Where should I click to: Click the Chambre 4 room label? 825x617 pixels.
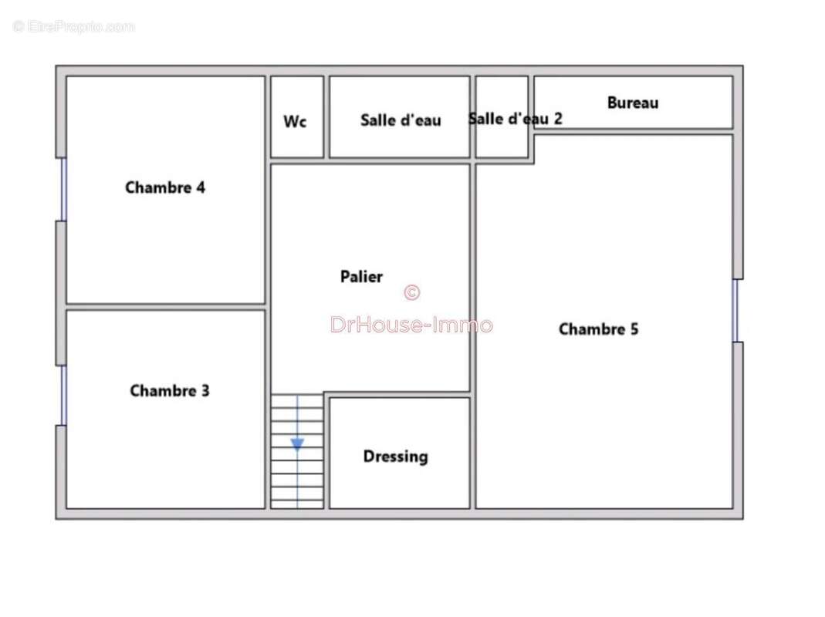coord(165,187)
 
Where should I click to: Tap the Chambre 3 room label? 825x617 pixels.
coord(170,390)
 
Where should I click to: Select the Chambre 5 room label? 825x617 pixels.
coord(598,329)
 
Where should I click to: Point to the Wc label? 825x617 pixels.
coord(295,122)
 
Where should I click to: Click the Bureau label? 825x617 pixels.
coord(632,103)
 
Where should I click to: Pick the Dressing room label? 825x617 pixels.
coord(396,456)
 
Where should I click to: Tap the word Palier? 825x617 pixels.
coord(361,276)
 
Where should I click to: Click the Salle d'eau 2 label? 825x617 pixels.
coord(516,118)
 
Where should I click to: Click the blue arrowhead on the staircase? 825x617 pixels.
coord(297,444)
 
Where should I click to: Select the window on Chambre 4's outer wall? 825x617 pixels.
coord(63,190)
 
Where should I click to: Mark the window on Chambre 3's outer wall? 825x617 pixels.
coord(63,396)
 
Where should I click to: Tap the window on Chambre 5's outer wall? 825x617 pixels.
coord(735,310)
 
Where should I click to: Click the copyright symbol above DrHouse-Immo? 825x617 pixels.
coord(412,292)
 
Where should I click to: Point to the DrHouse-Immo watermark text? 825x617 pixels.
coord(411,325)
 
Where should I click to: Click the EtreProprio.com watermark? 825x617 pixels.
coord(73,26)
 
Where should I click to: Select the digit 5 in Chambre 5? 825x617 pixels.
coord(634,329)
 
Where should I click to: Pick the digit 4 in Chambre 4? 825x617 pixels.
coord(201,187)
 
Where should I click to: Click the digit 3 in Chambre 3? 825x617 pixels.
coord(205,390)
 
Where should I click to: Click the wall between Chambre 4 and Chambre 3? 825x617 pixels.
coord(165,307)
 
